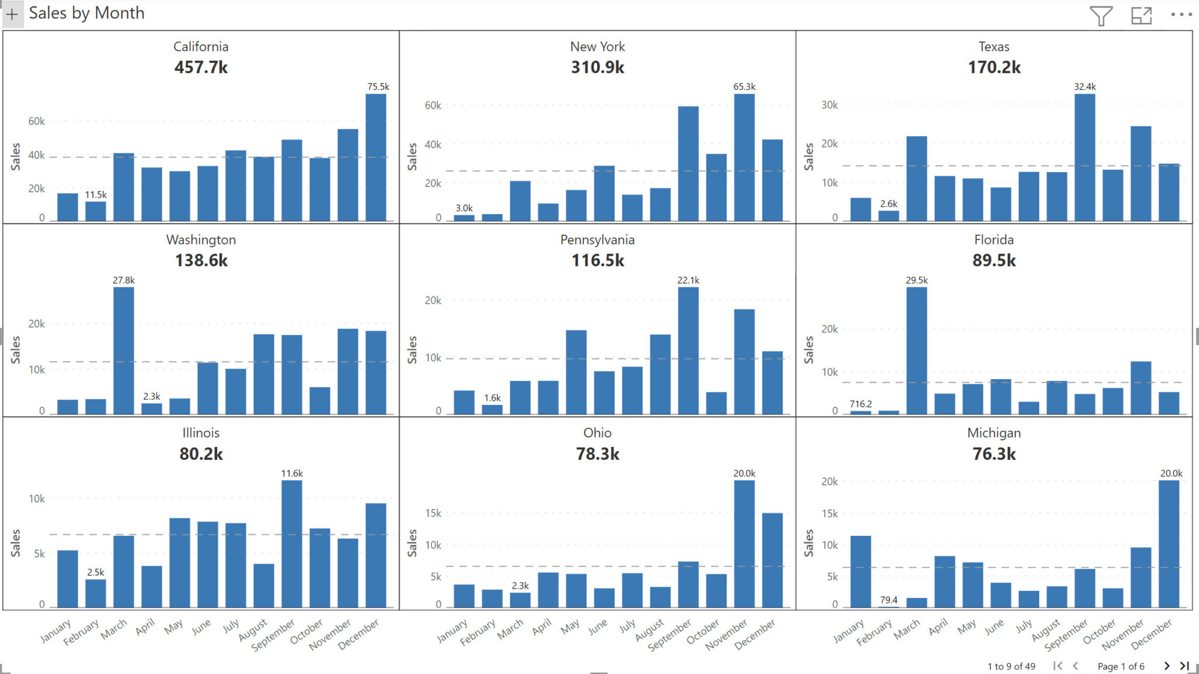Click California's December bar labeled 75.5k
coord(376,158)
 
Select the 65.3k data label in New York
coord(744,87)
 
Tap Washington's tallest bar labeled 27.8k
coord(124,351)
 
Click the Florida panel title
coord(994,240)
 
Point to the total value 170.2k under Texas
coord(994,67)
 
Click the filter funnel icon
coord(1101,15)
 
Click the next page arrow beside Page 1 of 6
coord(1166,666)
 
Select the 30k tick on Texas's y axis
coord(829,105)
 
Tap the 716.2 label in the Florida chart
coord(861,404)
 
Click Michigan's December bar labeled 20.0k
coord(1169,544)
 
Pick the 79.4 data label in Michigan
coord(888,600)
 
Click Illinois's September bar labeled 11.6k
coord(292,544)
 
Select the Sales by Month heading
coord(87,13)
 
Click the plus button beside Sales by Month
coord(12,14)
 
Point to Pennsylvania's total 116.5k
coord(597,260)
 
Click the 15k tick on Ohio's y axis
coord(433,513)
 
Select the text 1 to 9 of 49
coord(1011,666)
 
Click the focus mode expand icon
coord(1141,15)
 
